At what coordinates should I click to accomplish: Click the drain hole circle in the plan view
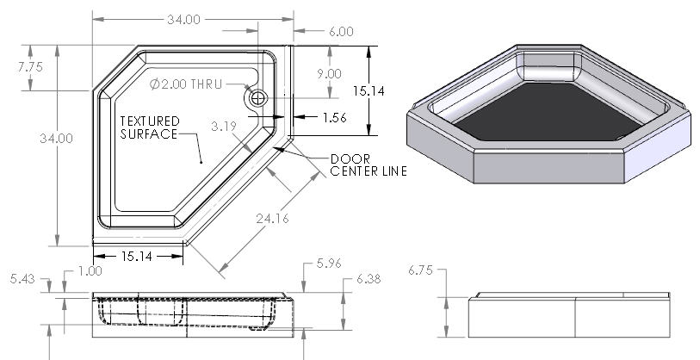coord(258,98)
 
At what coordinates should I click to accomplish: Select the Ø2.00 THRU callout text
coord(186,84)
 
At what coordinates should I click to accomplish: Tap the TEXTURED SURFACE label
coord(150,127)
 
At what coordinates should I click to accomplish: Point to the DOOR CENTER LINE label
coord(369,165)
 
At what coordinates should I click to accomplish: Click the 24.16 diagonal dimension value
coord(272,219)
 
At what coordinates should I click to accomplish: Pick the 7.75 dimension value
coord(30,67)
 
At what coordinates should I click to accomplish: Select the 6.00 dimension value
coord(341,32)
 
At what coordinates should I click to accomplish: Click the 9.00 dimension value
coord(330,74)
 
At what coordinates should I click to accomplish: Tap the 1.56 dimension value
coord(335,117)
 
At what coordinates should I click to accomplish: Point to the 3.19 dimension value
coord(224,127)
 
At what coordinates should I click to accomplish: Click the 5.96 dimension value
coord(329,264)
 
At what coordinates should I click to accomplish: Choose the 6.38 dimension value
coord(369,279)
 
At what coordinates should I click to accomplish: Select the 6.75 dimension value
coord(420,270)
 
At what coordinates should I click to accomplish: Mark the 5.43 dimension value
coord(22,279)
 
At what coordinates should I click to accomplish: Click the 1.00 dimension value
coord(90,271)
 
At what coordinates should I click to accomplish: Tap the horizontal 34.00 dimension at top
coord(184,20)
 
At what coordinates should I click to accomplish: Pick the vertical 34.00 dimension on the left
coord(56,139)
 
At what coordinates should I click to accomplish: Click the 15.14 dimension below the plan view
coord(137,257)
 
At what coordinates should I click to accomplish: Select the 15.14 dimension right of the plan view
coord(369,91)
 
